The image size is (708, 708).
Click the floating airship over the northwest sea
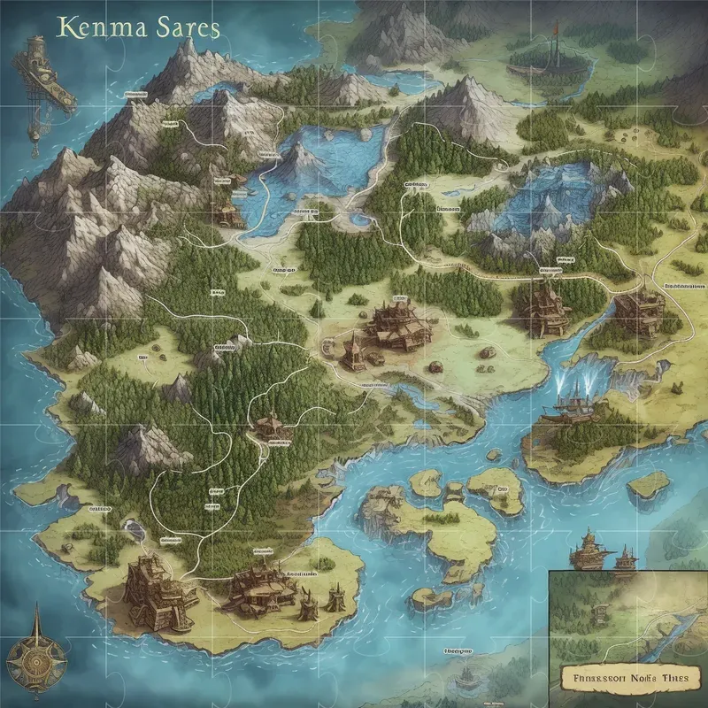(x=35, y=71)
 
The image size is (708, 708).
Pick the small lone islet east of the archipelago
(x=648, y=484)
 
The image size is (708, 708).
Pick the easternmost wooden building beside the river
(x=639, y=310)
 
